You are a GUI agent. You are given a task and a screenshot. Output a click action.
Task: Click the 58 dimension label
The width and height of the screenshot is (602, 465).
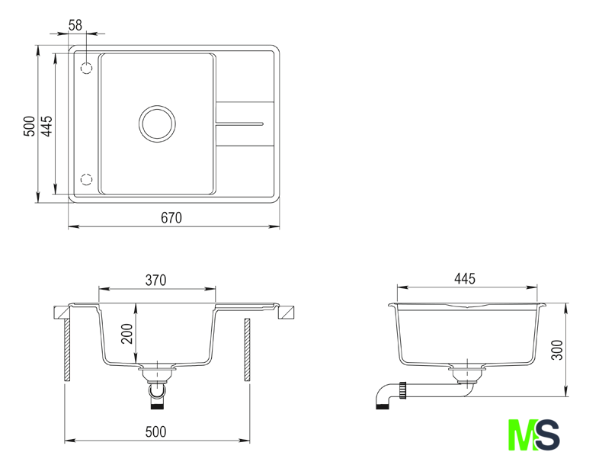pos(75,25)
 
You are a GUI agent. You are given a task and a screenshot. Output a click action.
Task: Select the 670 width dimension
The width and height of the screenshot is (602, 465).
pos(171,218)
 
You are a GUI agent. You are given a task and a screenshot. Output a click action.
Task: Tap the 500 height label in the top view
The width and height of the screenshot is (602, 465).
pos(30,126)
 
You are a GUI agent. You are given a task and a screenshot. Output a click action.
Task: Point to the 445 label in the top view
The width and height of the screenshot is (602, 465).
pos(46,126)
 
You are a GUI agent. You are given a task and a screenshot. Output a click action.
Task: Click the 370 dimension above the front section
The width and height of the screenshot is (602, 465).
pos(156,281)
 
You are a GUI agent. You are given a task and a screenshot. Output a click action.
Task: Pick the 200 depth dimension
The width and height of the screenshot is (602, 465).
pos(127,334)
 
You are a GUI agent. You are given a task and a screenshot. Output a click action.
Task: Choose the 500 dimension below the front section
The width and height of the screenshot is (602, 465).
pos(156,432)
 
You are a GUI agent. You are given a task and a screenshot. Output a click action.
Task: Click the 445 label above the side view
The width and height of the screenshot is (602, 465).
pos(465,278)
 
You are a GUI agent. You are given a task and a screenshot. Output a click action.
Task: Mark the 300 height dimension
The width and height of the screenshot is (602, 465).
pos(557,350)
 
